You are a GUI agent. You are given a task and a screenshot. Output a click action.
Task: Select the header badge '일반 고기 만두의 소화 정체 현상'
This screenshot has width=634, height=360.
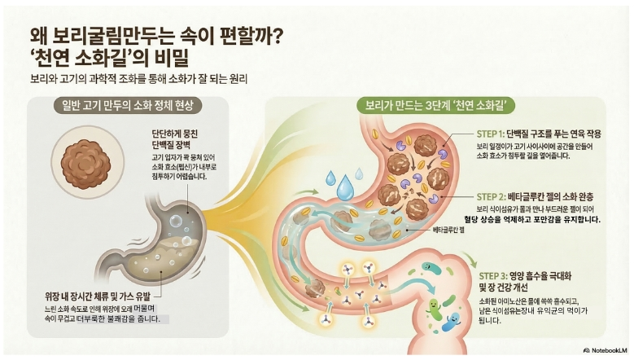pyautogui.click(x=128, y=106)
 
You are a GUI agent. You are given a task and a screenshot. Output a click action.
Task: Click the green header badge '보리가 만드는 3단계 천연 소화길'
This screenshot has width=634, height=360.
pyautogui.click(x=436, y=106)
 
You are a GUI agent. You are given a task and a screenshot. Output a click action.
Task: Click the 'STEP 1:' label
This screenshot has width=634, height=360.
pyautogui.click(x=491, y=134)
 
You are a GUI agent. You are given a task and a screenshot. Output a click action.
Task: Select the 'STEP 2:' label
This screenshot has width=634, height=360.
pyautogui.click(x=491, y=197)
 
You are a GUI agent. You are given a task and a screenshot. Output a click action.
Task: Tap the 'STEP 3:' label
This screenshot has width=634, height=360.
pyautogui.click(x=493, y=276)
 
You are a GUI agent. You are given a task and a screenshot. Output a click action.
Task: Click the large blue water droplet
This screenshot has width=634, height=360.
pyautogui.click(x=345, y=188)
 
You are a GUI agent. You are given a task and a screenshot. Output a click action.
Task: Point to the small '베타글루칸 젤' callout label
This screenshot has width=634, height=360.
pyautogui.click(x=448, y=230)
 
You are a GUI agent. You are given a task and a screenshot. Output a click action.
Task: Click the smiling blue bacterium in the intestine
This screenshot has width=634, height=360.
pyautogui.click(x=451, y=322)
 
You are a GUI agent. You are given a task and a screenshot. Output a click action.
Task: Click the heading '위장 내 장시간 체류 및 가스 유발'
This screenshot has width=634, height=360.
pyautogui.click(x=98, y=297)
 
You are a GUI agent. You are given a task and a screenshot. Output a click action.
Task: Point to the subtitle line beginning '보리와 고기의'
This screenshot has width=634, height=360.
pyautogui.click(x=138, y=78)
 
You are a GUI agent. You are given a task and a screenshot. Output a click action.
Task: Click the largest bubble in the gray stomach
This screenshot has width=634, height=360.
pyautogui.click(x=176, y=222)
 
